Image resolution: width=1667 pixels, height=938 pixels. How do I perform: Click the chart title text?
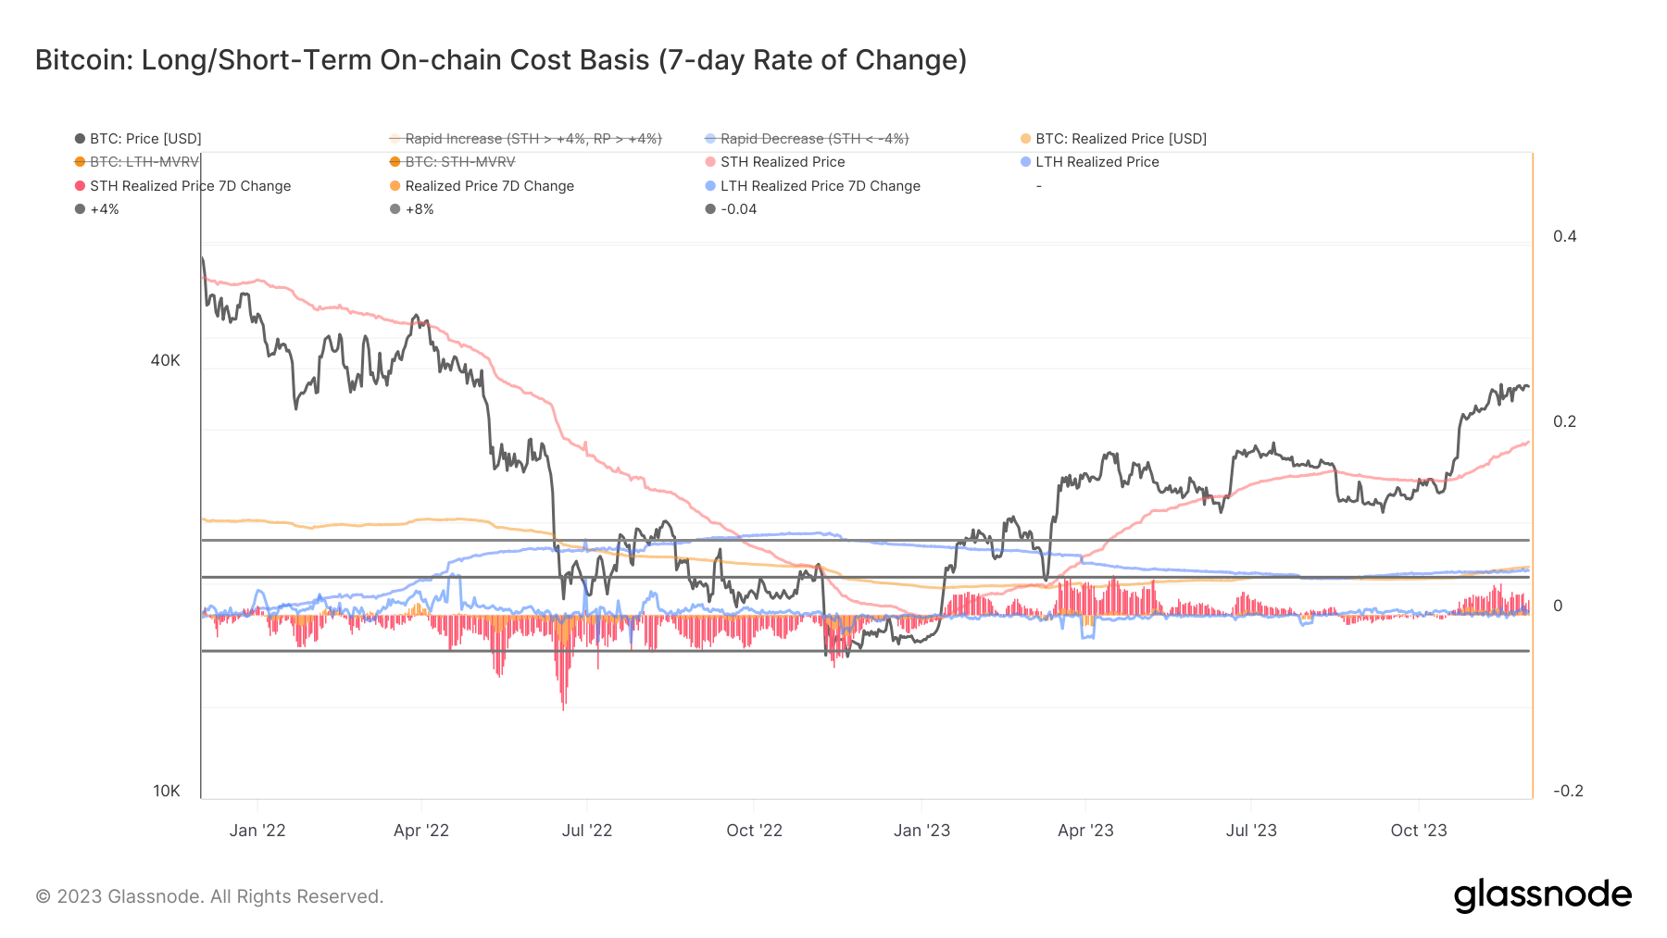coord(500,60)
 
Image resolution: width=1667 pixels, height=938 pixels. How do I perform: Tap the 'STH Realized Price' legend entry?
coord(782,162)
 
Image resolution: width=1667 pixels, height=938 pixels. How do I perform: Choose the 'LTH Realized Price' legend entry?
coord(1097,162)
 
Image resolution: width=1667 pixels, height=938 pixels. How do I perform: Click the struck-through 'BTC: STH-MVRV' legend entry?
coord(459,162)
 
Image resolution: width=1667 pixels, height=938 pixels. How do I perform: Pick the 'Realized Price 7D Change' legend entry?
coord(489,186)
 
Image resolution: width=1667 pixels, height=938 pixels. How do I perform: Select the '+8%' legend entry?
coord(419,209)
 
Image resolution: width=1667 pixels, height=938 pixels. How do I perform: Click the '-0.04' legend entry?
coord(738,209)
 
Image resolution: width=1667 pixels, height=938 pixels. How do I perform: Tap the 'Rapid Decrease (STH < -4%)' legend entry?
coord(814,139)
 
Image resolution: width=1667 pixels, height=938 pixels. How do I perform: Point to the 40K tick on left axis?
coord(165,360)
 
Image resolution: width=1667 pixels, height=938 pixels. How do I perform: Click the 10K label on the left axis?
coord(167,791)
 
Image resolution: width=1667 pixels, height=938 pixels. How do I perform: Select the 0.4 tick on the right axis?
coord(1564,236)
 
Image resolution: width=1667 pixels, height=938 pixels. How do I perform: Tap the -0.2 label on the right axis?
coord(1567,791)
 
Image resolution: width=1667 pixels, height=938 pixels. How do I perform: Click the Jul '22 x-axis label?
coord(587,831)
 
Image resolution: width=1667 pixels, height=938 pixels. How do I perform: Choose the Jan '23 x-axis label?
coord(921,831)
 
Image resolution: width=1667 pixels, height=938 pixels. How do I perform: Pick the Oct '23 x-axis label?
coord(1418,831)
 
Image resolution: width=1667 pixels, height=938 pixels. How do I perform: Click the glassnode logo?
coord(1542,895)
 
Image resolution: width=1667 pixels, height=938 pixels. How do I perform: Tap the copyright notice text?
coord(209,896)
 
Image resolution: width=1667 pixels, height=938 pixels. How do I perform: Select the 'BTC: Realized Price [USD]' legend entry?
coord(1121,139)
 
